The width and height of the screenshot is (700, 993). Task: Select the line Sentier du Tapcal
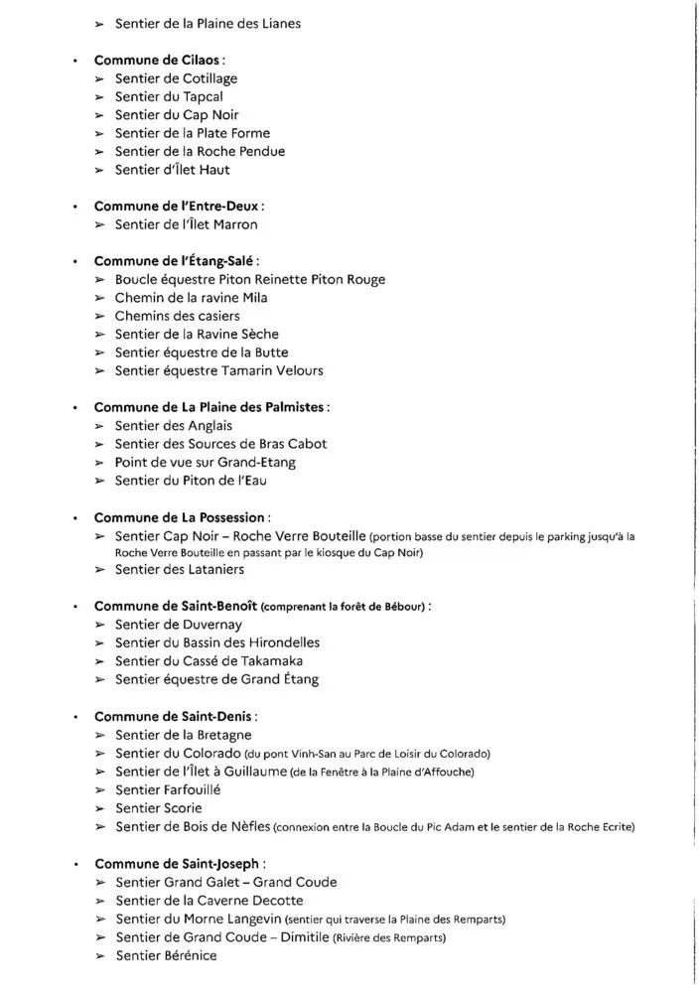[169, 96]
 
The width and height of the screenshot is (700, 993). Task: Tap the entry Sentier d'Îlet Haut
[172, 170]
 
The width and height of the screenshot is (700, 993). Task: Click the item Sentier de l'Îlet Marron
[186, 224]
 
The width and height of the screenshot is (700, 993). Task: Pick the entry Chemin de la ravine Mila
[191, 298]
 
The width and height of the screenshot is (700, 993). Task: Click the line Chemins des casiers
[177, 316]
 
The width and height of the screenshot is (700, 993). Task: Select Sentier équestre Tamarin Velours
[218, 370]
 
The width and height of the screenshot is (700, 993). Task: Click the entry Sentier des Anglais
[173, 425]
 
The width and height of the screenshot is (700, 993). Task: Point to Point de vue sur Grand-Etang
[205, 462]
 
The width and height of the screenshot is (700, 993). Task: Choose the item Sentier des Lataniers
[179, 570]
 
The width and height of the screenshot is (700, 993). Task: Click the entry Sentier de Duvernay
[178, 625]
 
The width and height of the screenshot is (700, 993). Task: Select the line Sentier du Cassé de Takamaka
[209, 661]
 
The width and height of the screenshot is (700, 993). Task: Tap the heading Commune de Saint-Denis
[175, 716]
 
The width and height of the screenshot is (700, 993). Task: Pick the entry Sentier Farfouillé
[168, 789]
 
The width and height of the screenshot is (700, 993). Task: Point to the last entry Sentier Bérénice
[165, 955]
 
